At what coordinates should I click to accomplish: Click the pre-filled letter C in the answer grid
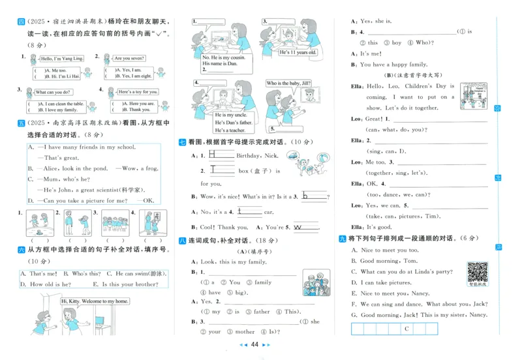pyautogui.click(x=406, y=330)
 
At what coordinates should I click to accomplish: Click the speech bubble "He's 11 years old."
pyautogui.click(x=298, y=52)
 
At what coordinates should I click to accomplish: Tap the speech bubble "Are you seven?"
pyautogui.click(x=128, y=58)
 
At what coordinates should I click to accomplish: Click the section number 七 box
pyautogui.click(x=182, y=142)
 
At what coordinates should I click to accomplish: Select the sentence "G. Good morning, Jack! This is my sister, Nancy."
pyautogui.click(x=420, y=315)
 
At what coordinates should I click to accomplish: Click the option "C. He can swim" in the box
pyautogui.click(x=137, y=274)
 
